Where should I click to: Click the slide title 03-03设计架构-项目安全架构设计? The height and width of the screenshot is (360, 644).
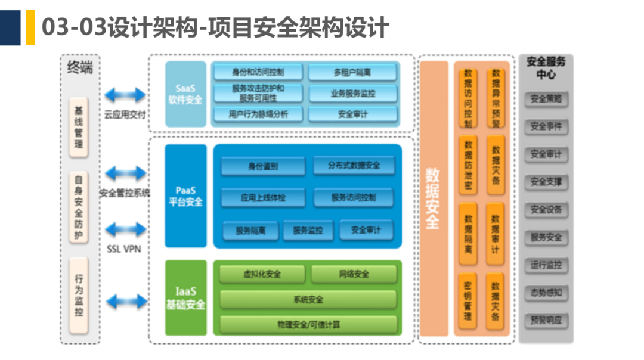215,27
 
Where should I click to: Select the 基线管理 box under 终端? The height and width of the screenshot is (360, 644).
79,127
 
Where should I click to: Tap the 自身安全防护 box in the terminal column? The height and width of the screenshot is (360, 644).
79,207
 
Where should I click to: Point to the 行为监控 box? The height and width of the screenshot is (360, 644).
79,295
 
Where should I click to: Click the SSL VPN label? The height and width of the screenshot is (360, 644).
124,249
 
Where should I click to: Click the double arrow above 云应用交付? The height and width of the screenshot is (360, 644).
125,95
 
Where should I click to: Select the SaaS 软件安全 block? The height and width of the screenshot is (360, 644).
185,94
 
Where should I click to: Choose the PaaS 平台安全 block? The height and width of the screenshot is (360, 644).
185,196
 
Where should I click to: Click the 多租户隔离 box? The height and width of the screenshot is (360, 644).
352,73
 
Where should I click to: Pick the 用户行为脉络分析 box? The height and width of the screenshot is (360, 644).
258,114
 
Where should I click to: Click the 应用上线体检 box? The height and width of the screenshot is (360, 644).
263,197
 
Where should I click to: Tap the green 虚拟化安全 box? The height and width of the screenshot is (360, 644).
262,274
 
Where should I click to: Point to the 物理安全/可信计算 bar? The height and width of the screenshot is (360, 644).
308,325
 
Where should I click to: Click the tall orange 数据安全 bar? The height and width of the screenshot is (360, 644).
433,199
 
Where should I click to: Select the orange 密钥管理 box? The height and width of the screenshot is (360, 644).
468,301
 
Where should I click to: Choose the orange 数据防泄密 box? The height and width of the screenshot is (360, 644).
468,165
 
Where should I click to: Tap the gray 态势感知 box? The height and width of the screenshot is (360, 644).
546,293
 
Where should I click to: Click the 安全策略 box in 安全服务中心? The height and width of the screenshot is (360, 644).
546,99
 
